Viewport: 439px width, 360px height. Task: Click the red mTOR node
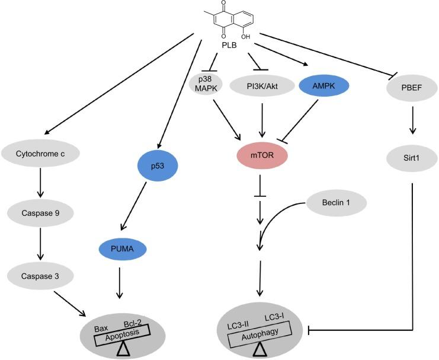pyautogui.click(x=261, y=156)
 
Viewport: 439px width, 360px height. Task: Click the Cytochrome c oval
pyautogui.click(x=40, y=152)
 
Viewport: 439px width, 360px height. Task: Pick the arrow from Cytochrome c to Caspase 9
pyautogui.click(x=40, y=182)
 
